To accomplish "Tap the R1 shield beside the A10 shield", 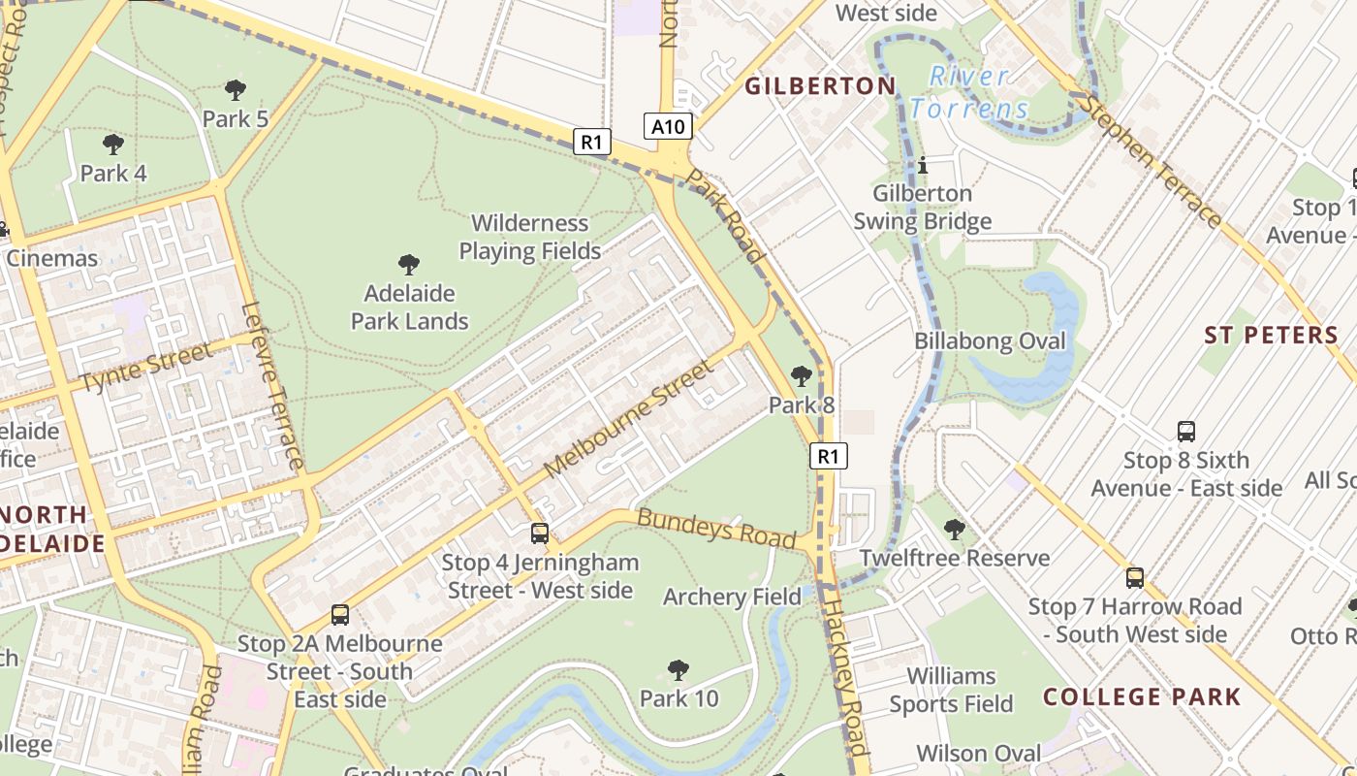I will click(x=591, y=142).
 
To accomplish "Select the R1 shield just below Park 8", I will click(x=828, y=456).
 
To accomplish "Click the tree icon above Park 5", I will click(x=235, y=90).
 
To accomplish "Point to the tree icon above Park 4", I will click(x=113, y=145).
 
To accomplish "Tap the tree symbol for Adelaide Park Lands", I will click(x=409, y=264).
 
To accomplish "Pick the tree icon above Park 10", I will click(x=678, y=669).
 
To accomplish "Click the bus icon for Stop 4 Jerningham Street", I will click(x=540, y=533).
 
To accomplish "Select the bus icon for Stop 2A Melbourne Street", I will click(x=340, y=614).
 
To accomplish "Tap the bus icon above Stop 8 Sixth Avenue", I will click(x=1185, y=432).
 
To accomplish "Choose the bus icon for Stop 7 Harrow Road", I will click(x=1135, y=578).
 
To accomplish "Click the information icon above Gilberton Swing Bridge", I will click(x=923, y=165).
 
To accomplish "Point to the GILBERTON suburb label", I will click(x=820, y=86).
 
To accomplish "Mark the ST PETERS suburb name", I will click(x=1271, y=336).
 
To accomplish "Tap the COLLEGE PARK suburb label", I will click(x=1142, y=696).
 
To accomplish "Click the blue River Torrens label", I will click(x=969, y=92).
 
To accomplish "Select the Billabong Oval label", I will click(x=990, y=341).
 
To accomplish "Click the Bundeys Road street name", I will click(x=716, y=528).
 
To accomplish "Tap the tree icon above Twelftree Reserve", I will click(x=955, y=529).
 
